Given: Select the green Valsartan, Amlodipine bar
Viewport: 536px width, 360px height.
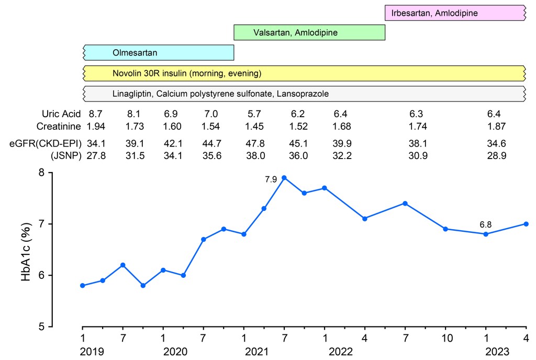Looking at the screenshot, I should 309,32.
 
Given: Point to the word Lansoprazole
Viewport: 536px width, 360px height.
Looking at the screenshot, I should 304,94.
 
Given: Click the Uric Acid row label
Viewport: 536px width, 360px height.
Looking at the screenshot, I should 61,113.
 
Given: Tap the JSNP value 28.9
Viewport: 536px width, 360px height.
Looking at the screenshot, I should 496,155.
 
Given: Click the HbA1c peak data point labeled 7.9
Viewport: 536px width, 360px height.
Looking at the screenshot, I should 284,177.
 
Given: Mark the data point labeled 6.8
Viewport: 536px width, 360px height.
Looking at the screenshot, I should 486,234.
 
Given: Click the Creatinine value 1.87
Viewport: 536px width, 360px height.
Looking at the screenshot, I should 496,126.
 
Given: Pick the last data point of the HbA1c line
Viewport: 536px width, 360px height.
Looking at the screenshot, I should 526,224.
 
